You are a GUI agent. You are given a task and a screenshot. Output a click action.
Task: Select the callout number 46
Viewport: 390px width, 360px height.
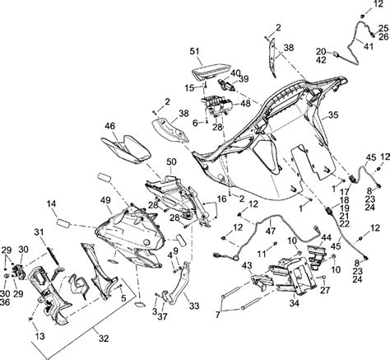pos(110,126)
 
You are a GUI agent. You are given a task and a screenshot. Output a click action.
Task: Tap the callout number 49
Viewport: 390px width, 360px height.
pos(105,201)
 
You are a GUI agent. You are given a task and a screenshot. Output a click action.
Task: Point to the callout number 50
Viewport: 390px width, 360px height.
pos(171,161)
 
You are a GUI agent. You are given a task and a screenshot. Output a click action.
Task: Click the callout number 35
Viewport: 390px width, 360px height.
pos(333,115)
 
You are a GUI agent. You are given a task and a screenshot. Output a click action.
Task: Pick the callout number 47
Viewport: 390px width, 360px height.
pos(271,231)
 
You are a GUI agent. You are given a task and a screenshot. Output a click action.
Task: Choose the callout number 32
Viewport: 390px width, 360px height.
pos(104,339)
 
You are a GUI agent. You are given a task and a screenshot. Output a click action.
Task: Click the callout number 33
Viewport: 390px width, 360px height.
pos(194,306)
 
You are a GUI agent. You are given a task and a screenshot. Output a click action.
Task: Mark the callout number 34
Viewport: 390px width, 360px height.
pos(295,303)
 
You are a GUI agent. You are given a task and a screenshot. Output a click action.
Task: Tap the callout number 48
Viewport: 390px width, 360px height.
pos(245,103)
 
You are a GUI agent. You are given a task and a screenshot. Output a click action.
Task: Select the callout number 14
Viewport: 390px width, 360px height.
pos(51,203)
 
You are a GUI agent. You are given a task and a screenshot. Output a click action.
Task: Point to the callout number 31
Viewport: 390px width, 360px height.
pos(39,232)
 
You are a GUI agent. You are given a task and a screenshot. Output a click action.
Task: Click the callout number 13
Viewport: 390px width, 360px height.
pos(40,336)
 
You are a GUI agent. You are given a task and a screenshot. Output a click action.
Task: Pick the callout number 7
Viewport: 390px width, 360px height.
pos(218,315)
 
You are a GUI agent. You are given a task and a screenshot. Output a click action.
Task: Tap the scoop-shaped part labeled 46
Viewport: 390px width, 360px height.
pos(126,149)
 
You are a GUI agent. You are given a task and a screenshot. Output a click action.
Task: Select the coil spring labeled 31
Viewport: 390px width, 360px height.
pos(53,256)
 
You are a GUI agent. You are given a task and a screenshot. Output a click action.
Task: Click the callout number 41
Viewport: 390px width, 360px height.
pos(369,46)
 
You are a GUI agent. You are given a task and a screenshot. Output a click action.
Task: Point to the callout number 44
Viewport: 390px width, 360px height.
pos(327,237)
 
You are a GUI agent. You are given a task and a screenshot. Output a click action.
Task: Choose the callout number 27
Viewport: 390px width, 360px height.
pos(325,290)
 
